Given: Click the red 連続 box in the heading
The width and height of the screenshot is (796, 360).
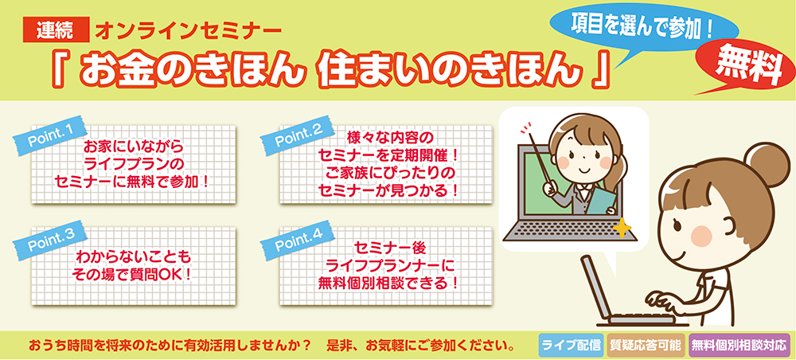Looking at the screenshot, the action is [x=57, y=30].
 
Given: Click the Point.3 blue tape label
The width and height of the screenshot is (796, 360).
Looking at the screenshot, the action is [x=50, y=241].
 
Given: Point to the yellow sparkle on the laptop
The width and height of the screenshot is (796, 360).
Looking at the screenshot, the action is [x=622, y=228].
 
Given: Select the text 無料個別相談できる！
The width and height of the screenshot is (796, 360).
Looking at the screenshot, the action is [x=386, y=283].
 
